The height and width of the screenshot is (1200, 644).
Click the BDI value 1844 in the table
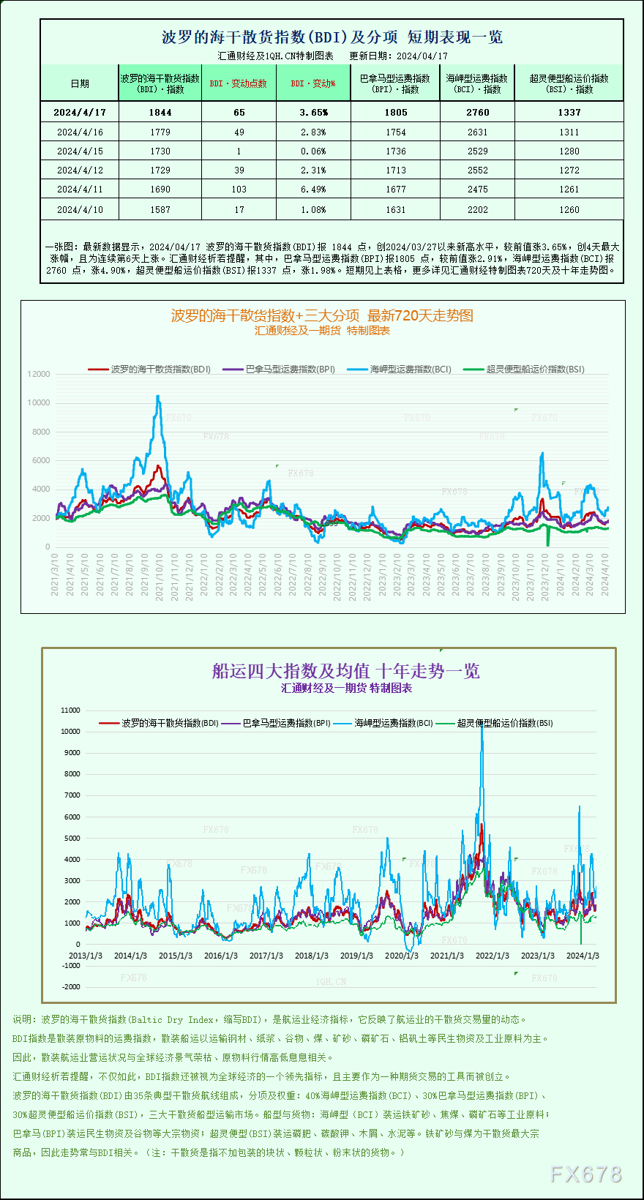coord(160,112)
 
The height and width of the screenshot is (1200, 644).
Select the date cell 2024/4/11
coord(80,190)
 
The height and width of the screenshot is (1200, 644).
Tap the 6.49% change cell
coord(313,190)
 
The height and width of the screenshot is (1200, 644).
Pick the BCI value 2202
coord(477,210)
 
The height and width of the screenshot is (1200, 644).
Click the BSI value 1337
coord(569,112)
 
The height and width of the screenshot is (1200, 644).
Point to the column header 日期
coord(80,83)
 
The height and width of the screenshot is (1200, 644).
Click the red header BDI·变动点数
coord(239,83)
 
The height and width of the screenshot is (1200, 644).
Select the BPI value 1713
coord(396,170)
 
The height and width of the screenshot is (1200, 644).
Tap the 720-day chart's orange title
coord(322,315)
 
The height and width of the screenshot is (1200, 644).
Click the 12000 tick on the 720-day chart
coord(39,374)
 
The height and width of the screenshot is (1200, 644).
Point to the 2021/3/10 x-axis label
coord(55,574)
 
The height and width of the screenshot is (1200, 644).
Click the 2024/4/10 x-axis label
coord(604,574)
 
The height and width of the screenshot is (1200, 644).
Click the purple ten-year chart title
coord(346,671)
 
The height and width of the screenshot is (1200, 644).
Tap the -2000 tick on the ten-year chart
coord(71,987)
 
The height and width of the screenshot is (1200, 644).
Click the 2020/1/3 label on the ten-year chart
coord(402,956)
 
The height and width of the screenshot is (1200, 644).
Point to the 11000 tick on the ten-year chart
coord(71,710)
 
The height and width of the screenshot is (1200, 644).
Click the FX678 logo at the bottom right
coord(585,1174)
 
